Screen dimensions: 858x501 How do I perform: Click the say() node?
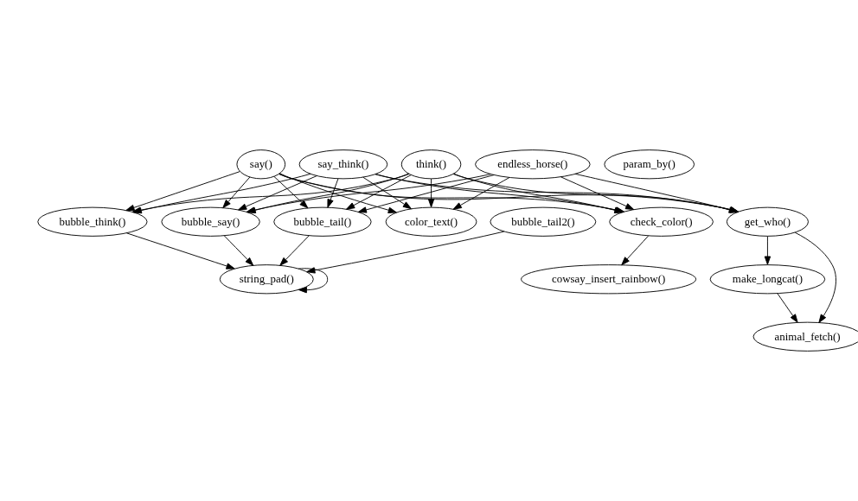(261, 164)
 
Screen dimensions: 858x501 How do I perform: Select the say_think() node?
(343, 164)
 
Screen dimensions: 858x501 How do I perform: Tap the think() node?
(432, 164)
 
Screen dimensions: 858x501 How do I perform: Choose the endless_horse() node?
(533, 164)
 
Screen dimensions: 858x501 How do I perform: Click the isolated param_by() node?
(649, 164)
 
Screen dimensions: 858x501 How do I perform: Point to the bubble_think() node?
(93, 222)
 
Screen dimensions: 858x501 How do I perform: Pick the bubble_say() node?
(211, 222)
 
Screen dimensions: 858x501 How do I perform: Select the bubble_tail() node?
(323, 222)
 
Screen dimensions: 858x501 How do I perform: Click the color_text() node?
(432, 222)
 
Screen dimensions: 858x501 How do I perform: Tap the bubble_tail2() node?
(543, 222)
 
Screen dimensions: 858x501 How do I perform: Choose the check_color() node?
(661, 222)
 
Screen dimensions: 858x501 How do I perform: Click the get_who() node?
(767, 222)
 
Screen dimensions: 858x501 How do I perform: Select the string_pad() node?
(266, 279)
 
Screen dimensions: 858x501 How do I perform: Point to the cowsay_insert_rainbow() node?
(609, 279)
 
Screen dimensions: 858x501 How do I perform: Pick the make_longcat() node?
(767, 279)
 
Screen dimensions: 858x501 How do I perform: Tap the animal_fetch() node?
(807, 337)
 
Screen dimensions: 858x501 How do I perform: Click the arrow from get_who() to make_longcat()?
(767, 250)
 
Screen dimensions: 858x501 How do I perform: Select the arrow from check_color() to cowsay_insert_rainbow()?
(635, 250)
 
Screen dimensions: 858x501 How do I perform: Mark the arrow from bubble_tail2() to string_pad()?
(405, 251)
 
